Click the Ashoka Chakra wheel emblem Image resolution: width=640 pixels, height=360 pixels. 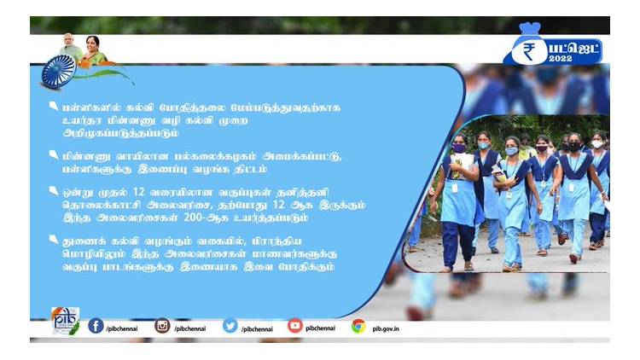point(59,71)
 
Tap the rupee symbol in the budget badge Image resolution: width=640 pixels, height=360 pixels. point(528,52)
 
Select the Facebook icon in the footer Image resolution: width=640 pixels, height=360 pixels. point(96,326)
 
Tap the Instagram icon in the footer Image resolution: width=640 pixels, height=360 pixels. point(162,326)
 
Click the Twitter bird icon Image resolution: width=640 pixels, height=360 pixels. point(230,326)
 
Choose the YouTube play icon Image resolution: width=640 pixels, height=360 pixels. point(295,326)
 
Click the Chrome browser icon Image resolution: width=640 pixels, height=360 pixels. point(358,326)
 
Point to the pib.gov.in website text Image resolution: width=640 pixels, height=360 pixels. point(387,327)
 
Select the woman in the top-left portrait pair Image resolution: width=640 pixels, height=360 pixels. point(93,48)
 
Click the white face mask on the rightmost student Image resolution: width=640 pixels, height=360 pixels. point(597,144)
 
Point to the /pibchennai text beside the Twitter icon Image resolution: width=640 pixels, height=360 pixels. point(258,327)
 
